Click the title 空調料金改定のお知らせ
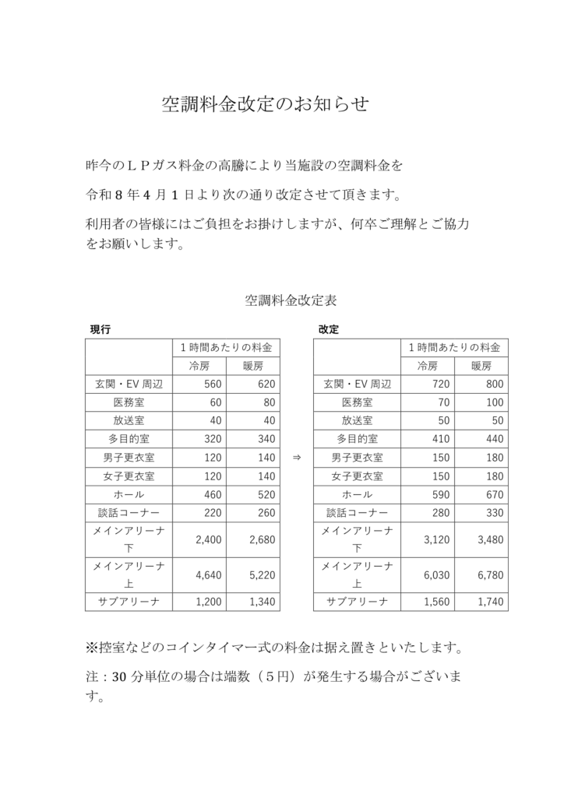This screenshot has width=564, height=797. [x=265, y=104]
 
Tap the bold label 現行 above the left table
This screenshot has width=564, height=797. [x=100, y=329]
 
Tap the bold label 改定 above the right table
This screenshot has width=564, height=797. [x=328, y=329]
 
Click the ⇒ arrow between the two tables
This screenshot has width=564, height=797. [x=296, y=458]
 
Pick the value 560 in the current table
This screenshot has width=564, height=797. [x=212, y=384]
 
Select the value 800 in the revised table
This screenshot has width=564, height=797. [x=494, y=384]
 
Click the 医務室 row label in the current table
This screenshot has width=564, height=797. [x=129, y=402]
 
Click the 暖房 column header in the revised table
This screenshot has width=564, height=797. [x=481, y=366]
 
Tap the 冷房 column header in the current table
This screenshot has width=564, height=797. [x=199, y=366]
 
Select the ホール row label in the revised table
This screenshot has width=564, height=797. [x=357, y=494]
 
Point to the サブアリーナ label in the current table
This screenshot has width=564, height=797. [x=129, y=602]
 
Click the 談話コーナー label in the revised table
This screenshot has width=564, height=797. [x=357, y=513]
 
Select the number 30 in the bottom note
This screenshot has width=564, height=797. [x=120, y=677]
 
